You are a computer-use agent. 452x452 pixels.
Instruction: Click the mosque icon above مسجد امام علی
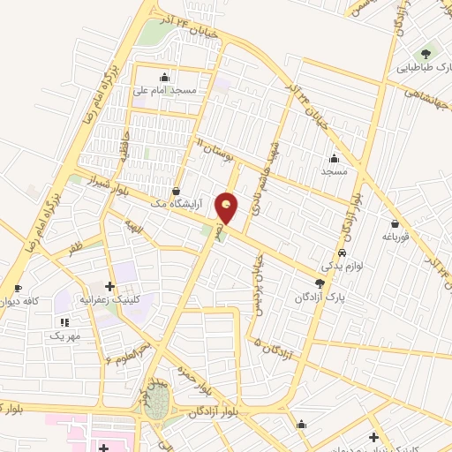point(164,76)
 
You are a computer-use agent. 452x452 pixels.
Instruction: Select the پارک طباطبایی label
point(425,66)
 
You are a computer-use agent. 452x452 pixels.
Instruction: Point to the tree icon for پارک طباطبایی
point(432,52)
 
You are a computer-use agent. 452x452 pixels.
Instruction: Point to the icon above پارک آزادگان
point(319,284)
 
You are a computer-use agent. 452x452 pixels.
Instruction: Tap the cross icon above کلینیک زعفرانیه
point(109,286)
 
